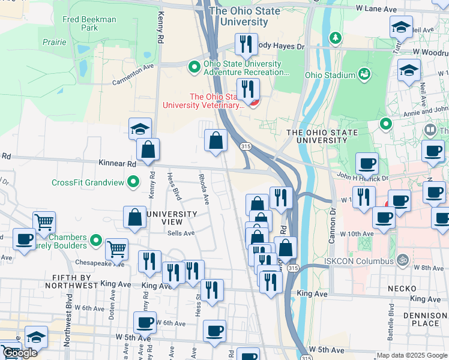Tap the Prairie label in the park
click(55, 42)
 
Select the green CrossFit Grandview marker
click(134, 182)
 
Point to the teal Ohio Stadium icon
click(364, 74)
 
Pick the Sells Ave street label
click(181, 233)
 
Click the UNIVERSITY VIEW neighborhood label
click(172, 218)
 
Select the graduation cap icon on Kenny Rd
click(140, 128)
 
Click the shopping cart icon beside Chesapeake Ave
click(116, 248)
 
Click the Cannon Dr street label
click(331, 226)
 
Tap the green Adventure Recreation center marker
click(194, 67)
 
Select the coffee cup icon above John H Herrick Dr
click(367, 163)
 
